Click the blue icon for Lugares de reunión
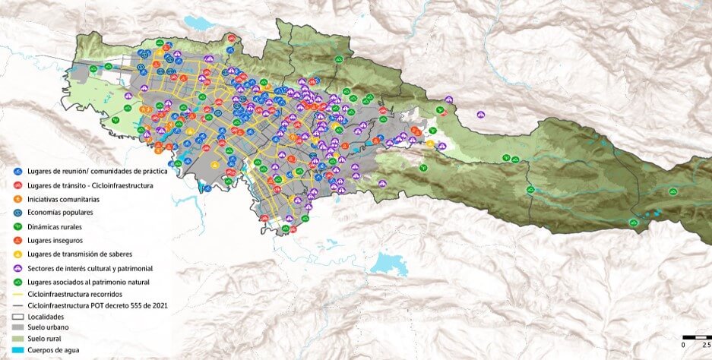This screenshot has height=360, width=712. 17,172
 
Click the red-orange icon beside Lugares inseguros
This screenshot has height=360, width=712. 17,240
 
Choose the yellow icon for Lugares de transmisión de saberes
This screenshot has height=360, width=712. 17,254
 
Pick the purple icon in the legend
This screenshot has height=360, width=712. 17,268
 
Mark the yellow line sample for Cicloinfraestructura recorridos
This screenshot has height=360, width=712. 17,293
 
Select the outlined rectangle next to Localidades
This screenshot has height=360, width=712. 17,316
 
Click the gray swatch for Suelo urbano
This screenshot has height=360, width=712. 17,327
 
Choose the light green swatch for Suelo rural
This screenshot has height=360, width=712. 17,339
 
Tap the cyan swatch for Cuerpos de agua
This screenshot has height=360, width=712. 17,350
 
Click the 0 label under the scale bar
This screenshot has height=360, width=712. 683,345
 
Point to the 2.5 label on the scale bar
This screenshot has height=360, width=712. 706,345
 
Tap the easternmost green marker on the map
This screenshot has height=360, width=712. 672,192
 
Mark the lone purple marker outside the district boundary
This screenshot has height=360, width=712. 481,115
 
